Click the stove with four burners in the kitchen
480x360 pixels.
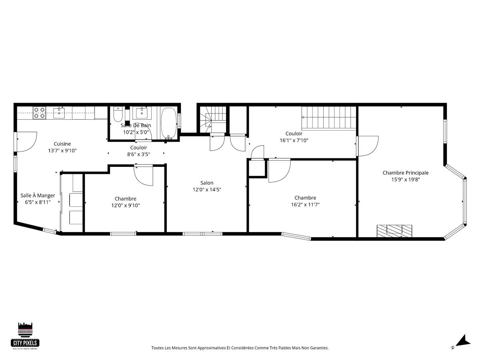point(39,113)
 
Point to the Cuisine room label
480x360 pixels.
point(62,144)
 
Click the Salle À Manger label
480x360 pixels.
point(38,196)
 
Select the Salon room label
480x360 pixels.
point(207,183)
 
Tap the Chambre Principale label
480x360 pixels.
point(405,173)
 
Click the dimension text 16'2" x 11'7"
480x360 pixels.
point(305,204)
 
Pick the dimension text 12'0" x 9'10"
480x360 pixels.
point(125,205)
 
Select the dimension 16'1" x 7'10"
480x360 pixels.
point(294,140)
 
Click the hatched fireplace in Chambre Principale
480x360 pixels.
point(394,230)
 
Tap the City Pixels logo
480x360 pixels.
point(25,336)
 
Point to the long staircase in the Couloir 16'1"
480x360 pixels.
point(328,118)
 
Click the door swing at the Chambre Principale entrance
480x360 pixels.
point(368,146)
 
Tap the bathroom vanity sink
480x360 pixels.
point(140,113)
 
